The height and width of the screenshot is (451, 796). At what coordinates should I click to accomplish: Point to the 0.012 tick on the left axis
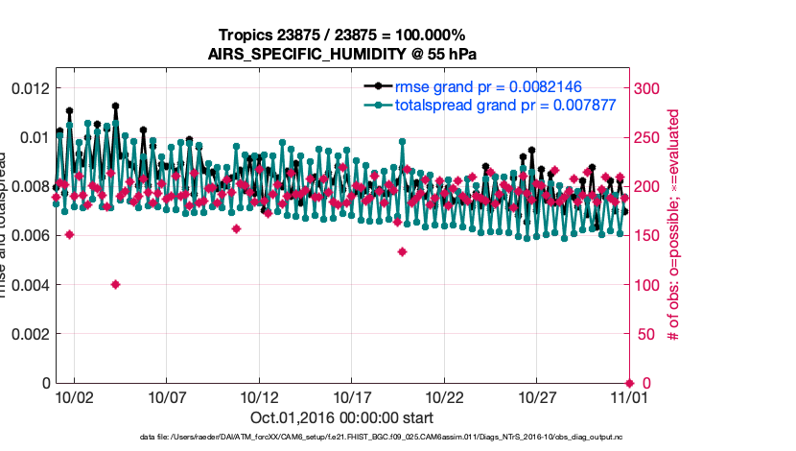(x=29, y=88)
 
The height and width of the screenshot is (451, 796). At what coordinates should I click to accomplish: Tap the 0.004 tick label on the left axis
(x=29, y=285)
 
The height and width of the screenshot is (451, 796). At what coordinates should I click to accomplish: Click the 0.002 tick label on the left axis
(x=29, y=334)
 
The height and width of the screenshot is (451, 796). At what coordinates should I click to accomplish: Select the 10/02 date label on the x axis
(x=74, y=396)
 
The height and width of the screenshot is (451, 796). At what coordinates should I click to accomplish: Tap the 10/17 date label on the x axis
(x=352, y=396)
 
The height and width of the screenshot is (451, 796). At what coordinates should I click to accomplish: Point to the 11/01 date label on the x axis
(x=630, y=396)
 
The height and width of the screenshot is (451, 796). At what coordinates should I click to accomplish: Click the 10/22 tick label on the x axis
(x=445, y=396)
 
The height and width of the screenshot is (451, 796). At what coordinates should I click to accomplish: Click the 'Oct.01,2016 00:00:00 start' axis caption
(x=342, y=418)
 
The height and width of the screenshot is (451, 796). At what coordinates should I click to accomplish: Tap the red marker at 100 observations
(x=115, y=284)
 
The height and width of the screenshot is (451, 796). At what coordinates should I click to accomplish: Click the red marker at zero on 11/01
(x=630, y=383)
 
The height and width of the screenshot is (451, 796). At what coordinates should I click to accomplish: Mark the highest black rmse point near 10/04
(x=115, y=107)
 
